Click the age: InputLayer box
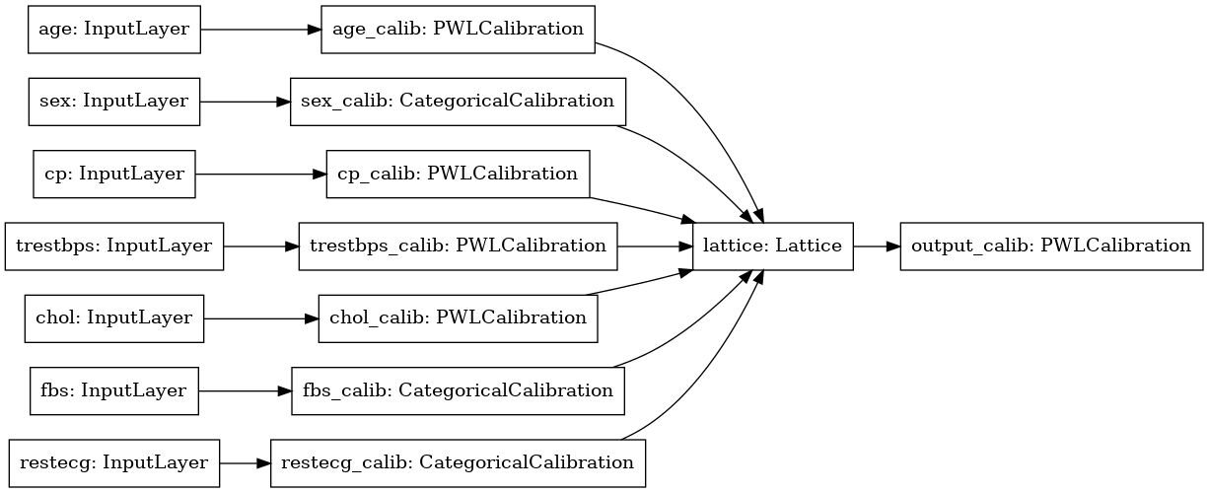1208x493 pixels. pyautogui.click(x=113, y=29)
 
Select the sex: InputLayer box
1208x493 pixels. pyautogui.click(x=113, y=101)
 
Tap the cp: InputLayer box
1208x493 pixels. pyautogui.click(x=113, y=174)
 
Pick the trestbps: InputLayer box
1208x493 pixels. pyautogui.click(x=114, y=246)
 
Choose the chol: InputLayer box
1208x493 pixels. pyautogui.click(x=113, y=317)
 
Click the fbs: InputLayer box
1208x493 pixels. pyautogui.click(x=113, y=390)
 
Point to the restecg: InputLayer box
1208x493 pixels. pyautogui.click(x=113, y=462)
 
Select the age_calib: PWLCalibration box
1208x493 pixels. pyautogui.click(x=458, y=29)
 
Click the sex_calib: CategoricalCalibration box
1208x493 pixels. pyautogui.click(x=458, y=101)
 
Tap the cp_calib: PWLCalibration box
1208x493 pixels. pyautogui.click(x=458, y=174)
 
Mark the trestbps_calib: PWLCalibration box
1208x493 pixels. pyautogui.click(x=458, y=246)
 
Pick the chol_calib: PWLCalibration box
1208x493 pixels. pyautogui.click(x=458, y=317)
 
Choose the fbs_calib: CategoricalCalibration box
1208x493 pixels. pyautogui.click(x=458, y=390)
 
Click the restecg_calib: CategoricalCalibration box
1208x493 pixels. pyautogui.click(x=458, y=462)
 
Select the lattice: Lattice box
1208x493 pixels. pyautogui.click(x=774, y=246)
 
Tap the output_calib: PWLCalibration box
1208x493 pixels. pyautogui.click(x=1051, y=246)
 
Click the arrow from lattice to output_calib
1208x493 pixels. pyautogui.click(x=877, y=246)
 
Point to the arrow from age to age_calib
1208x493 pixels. pyautogui.click(x=261, y=29)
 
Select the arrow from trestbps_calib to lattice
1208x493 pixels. pyautogui.click(x=656, y=246)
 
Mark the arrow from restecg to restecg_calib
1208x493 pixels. pyautogui.click(x=245, y=462)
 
